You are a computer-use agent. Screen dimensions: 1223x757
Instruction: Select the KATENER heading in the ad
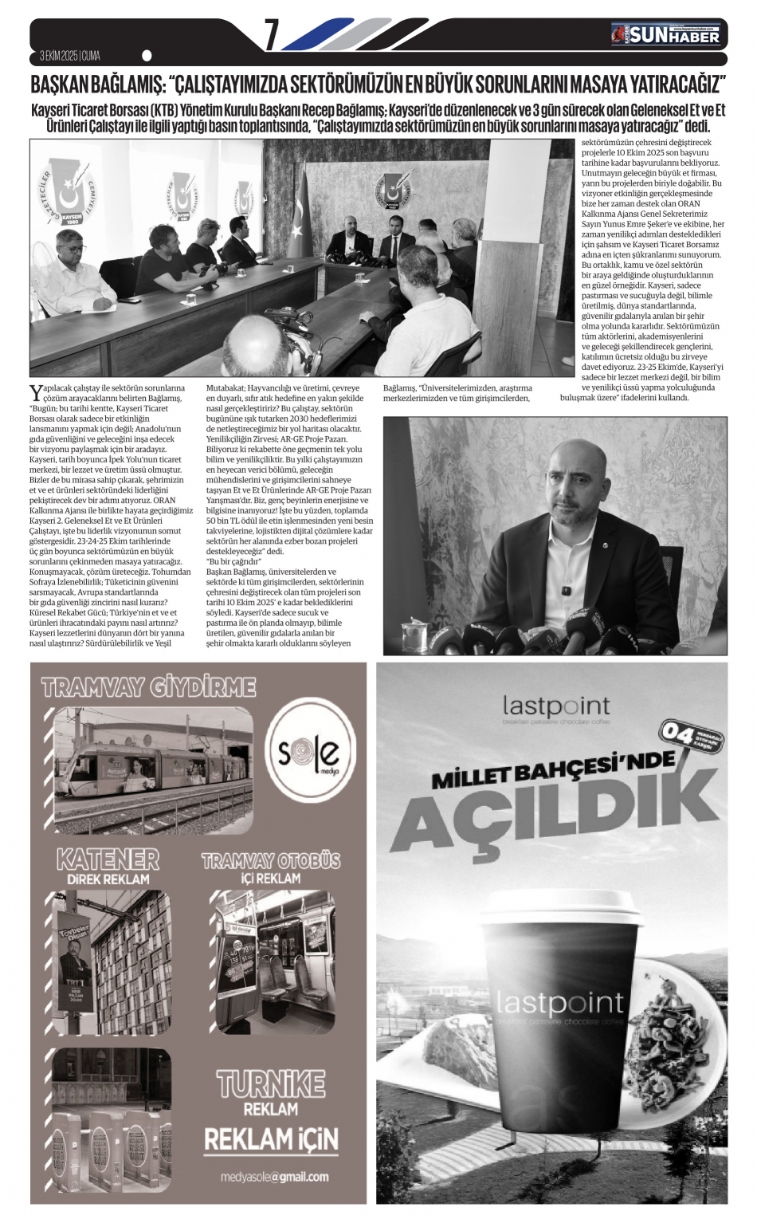(108, 859)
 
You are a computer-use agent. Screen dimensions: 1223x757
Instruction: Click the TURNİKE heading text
(270, 1083)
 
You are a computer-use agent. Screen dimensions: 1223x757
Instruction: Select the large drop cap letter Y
(35, 391)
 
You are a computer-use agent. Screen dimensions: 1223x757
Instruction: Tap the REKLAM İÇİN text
(271, 1138)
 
